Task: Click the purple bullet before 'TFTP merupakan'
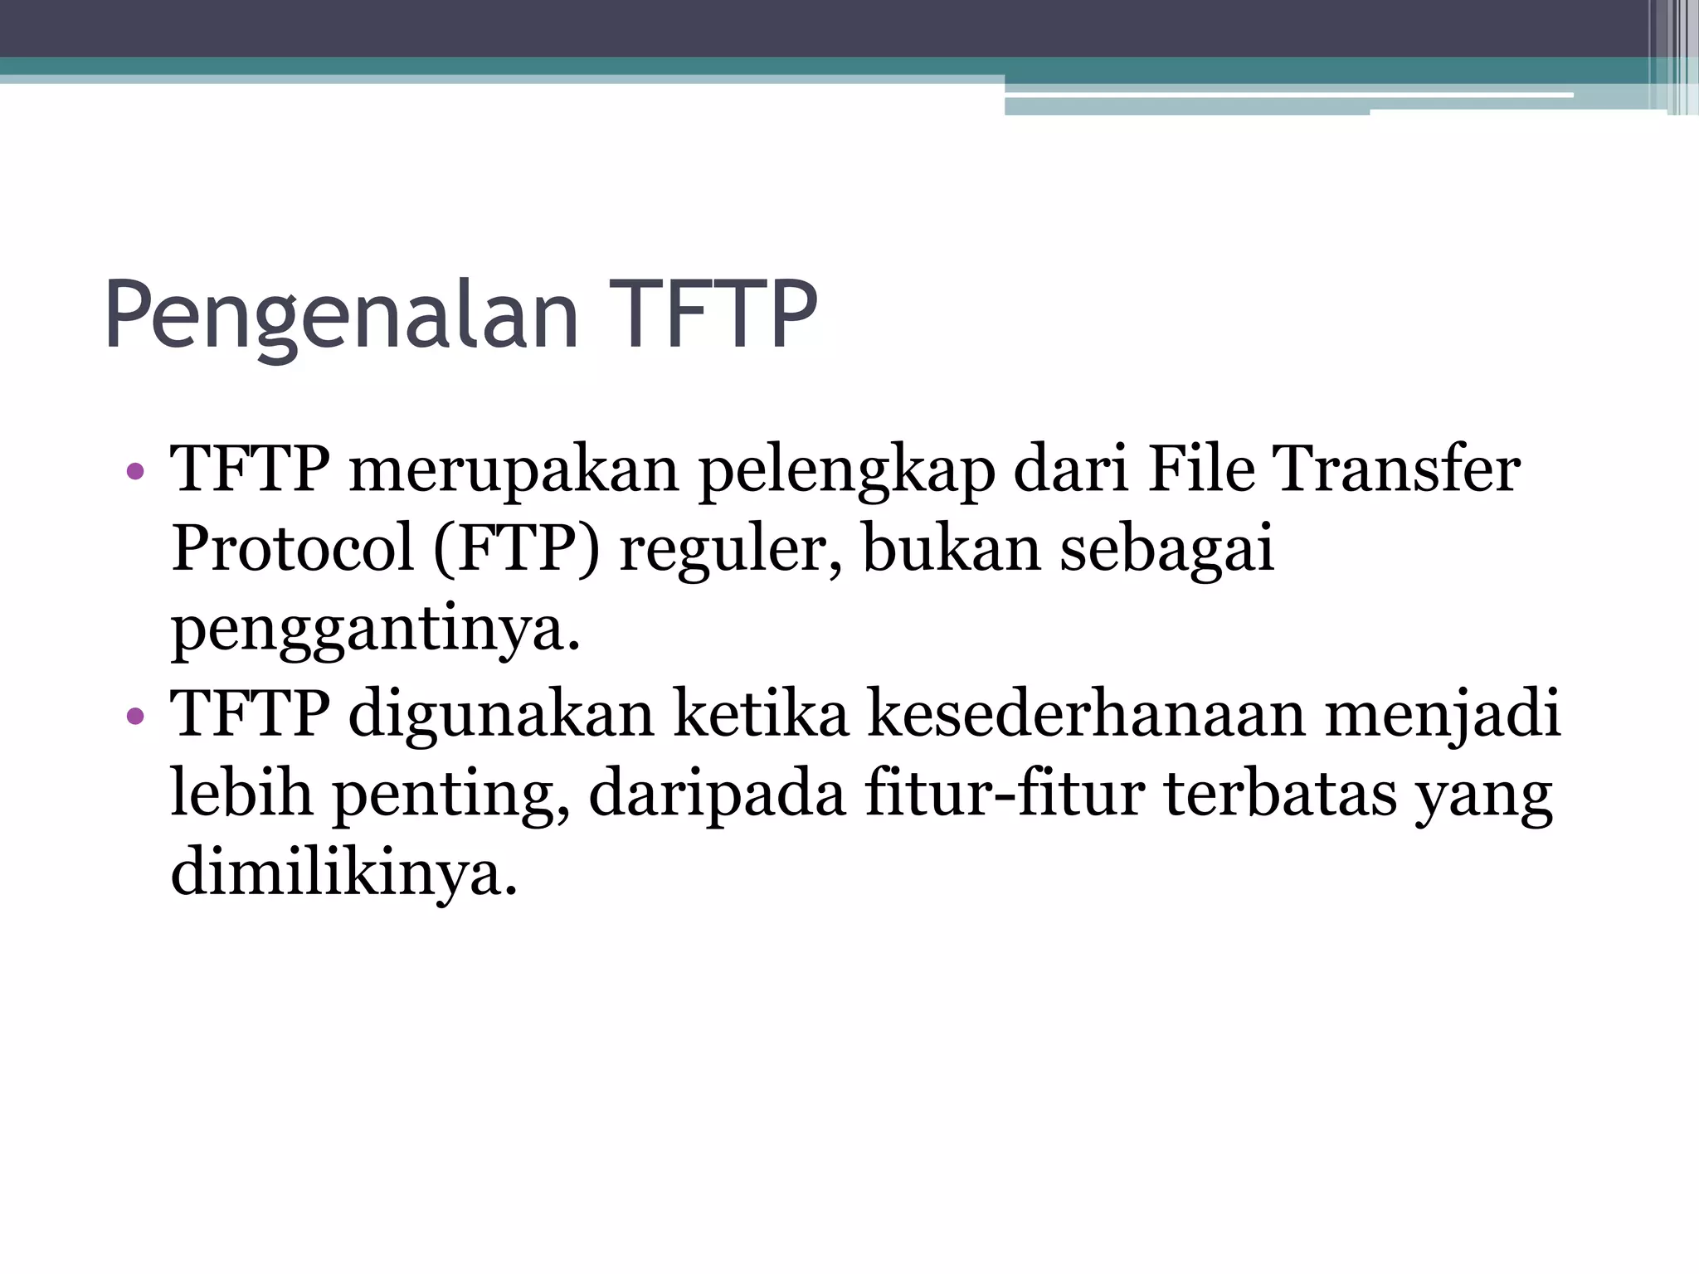tap(135, 473)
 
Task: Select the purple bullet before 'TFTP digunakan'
tap(135, 716)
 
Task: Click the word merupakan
tap(514, 471)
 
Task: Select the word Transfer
tap(1397, 469)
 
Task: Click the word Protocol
tap(292, 549)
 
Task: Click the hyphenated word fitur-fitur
tap(1005, 793)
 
